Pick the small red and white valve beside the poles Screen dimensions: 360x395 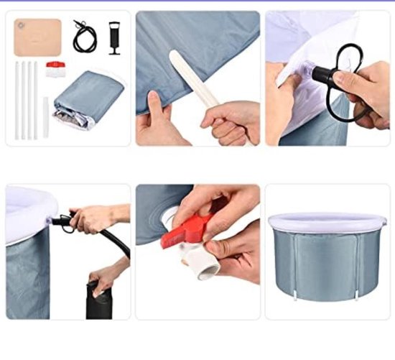55,69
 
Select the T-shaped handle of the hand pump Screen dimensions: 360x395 115,27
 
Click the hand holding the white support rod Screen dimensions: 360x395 230,119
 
